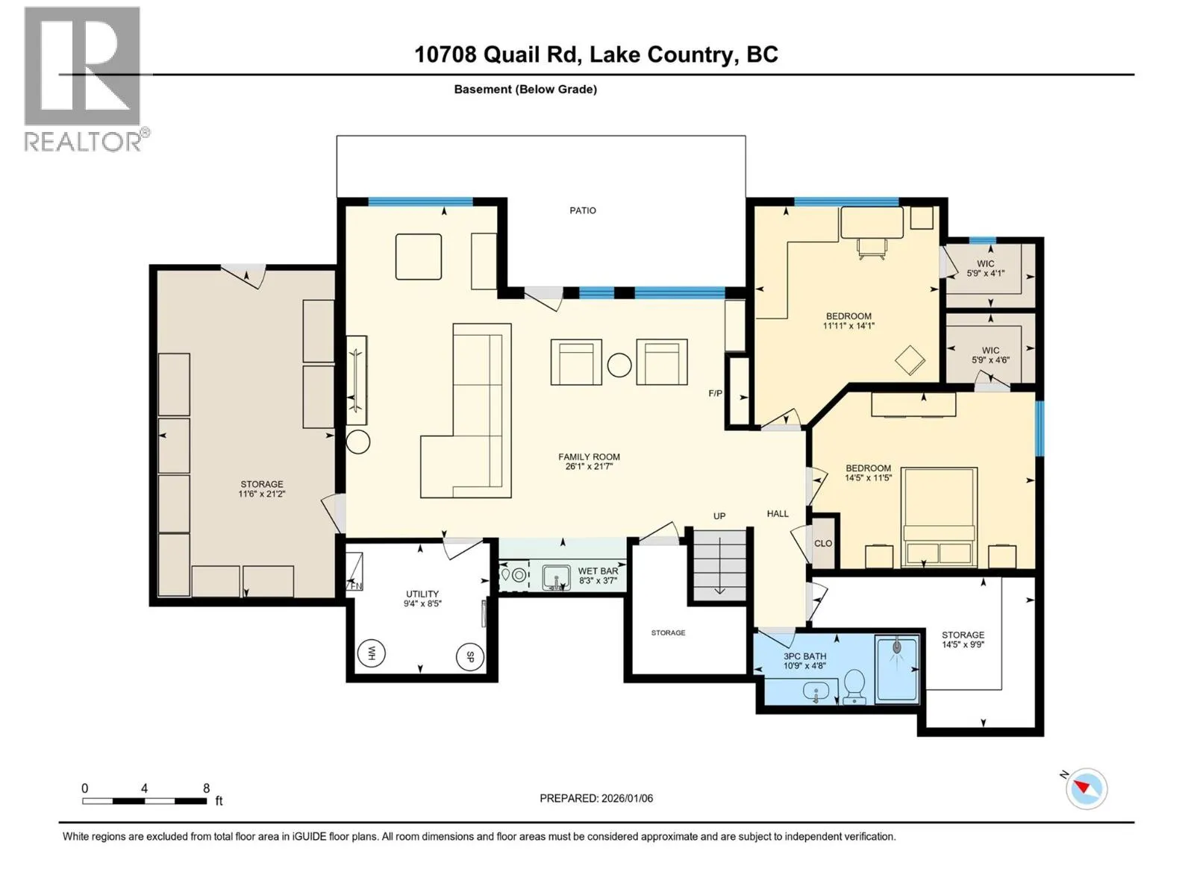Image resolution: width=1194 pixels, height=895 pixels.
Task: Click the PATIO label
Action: point(583,210)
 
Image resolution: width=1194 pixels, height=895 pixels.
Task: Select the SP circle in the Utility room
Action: point(469,657)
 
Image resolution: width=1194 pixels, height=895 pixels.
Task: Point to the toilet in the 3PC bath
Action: point(854,686)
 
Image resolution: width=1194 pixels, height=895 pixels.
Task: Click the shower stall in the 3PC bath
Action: point(896,670)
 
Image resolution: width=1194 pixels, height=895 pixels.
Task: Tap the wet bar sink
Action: point(556,577)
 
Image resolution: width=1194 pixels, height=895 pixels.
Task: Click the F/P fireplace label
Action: point(716,393)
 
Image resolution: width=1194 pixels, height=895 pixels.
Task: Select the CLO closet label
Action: point(823,544)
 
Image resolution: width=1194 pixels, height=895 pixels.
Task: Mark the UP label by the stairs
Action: point(719,515)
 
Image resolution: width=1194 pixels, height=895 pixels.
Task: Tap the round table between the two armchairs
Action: point(619,365)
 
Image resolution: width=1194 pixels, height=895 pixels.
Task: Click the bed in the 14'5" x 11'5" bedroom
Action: point(939,517)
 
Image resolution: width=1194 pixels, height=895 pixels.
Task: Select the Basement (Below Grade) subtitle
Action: point(525,89)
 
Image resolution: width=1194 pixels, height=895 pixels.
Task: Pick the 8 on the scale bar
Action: point(206,788)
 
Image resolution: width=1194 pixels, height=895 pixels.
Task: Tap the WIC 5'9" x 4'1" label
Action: point(985,268)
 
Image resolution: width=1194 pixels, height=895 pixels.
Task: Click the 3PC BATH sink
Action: point(816,692)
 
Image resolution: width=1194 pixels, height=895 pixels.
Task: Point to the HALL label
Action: point(778,514)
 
